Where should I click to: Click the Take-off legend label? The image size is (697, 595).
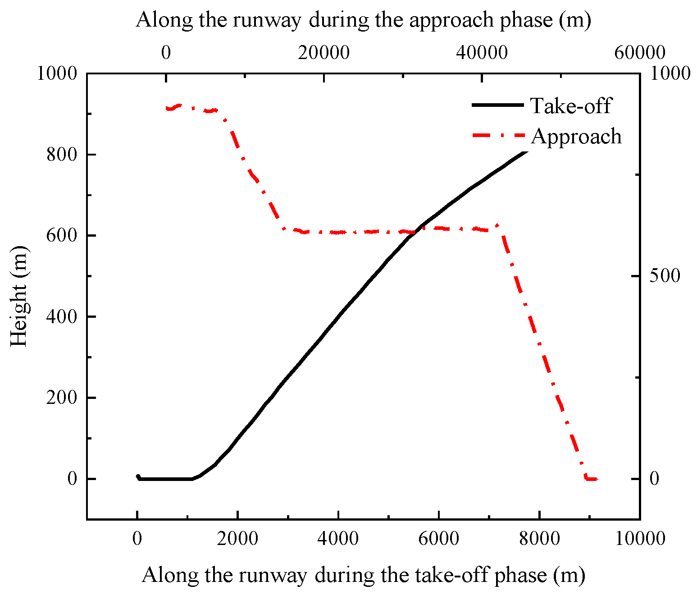point(570,106)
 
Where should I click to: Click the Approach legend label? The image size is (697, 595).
point(576,136)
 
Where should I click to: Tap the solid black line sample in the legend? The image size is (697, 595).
point(498,105)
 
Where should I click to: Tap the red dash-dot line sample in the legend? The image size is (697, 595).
point(498,135)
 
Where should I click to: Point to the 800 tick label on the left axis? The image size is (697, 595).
point(61,155)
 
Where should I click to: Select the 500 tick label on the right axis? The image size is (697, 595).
point(664,276)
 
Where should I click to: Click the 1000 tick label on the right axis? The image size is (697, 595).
point(669,73)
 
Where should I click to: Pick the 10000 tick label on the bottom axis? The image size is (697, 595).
point(639,538)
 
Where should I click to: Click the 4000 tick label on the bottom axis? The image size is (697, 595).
point(338,538)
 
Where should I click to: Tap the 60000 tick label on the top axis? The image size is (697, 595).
point(639,53)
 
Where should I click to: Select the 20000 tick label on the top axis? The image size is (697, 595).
point(323,53)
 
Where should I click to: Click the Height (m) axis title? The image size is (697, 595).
point(19,296)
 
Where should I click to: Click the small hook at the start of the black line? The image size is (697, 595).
point(138,476)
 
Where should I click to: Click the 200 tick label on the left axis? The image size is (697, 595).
point(61,398)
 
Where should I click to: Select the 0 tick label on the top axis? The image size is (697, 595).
point(166,53)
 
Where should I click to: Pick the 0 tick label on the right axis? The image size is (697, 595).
point(654,479)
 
